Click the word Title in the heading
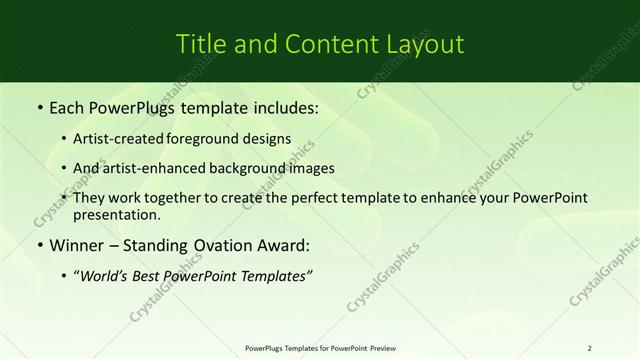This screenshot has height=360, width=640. click(199, 44)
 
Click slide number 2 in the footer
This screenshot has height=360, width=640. click(590, 347)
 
